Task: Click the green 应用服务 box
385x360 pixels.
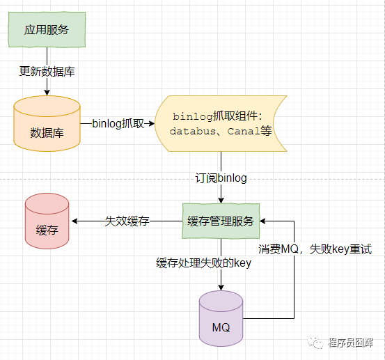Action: (47, 29)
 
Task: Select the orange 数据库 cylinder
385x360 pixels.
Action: (47, 123)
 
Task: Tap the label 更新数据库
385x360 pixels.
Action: (47, 72)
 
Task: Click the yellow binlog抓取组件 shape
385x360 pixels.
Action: (221, 123)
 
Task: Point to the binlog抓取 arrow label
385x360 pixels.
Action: (118, 123)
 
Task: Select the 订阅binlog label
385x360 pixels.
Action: (221, 178)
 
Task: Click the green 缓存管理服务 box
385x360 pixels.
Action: (221, 221)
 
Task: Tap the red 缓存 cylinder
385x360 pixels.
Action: (47, 221)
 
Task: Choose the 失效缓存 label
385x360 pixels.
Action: (127, 221)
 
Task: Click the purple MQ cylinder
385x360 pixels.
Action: (221, 318)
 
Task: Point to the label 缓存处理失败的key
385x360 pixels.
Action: (203, 263)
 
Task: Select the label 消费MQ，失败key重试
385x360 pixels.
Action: (315, 249)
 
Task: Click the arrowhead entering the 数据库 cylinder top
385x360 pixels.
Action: (47, 93)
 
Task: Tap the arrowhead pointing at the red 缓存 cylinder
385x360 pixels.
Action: (74, 221)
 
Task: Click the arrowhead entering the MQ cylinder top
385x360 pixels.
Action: (221, 288)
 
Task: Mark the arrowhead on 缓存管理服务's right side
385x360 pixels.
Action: (262, 221)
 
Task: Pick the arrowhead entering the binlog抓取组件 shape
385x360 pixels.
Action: (152, 123)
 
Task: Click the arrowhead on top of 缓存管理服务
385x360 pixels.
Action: (221, 201)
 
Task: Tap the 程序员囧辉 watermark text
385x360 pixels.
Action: (350, 343)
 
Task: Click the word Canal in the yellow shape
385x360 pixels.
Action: (244, 131)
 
